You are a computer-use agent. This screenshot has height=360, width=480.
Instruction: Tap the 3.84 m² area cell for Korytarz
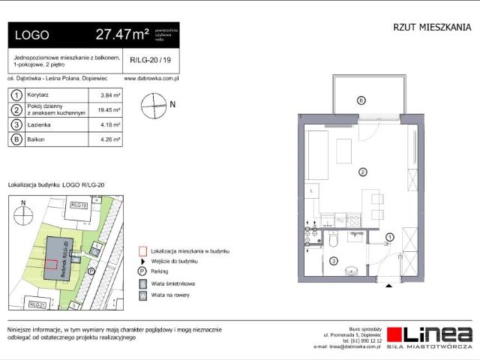110,95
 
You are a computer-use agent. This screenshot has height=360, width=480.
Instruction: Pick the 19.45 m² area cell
110,111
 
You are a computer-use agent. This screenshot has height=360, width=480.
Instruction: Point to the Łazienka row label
39,125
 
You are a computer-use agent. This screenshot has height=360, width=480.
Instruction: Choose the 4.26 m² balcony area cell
110,139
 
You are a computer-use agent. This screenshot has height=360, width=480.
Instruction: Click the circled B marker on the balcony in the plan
361,100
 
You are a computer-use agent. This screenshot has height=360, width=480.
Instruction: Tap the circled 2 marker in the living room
362,172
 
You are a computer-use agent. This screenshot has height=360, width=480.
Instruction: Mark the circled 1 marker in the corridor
389,238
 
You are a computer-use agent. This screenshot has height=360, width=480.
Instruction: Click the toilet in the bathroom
333,241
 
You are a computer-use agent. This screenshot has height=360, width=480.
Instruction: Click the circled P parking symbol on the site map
91,271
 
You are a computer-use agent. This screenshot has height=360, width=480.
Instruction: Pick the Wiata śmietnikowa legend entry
172,284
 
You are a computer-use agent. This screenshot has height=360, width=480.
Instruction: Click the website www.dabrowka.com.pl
151,77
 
